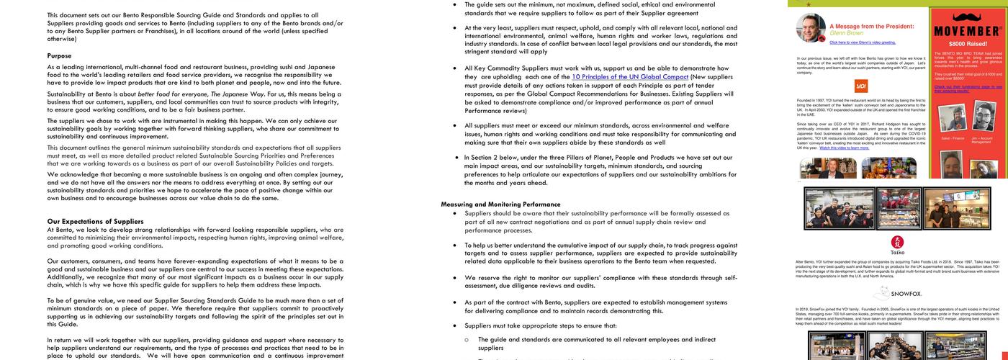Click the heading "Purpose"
click(59, 55)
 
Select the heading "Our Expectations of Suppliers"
click(95, 221)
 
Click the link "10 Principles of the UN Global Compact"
click(630, 76)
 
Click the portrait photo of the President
click(811, 28)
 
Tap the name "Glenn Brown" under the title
click(846, 33)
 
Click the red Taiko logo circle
click(897, 242)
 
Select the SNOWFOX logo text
click(897, 294)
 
